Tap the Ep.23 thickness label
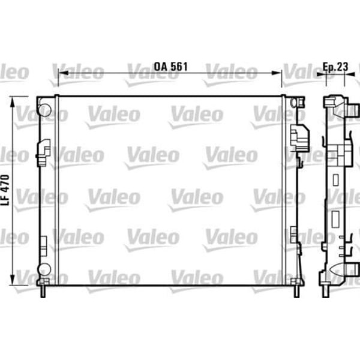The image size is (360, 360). point(336,67)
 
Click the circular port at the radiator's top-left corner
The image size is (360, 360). point(44,109)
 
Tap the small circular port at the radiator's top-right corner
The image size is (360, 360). point(293,103)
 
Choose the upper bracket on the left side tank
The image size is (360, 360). point(43,152)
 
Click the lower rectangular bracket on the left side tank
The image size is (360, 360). point(43,245)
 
